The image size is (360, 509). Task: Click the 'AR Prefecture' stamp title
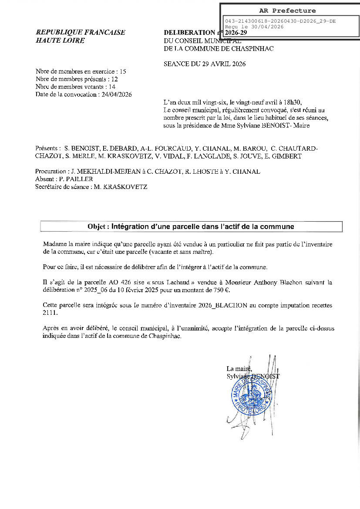pyautogui.click(x=287, y=11)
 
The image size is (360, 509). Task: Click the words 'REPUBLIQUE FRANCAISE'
pyautogui.click(x=81, y=33)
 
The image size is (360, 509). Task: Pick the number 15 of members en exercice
pyautogui.click(x=123, y=71)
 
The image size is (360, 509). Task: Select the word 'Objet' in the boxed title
pyautogui.click(x=97, y=227)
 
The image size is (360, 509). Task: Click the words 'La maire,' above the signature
pyautogui.click(x=239, y=369)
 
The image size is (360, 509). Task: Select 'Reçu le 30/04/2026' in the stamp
pyautogui.click(x=254, y=27)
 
